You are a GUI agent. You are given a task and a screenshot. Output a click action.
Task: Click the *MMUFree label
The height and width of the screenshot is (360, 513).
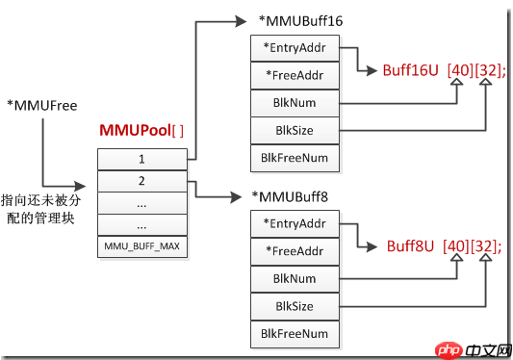[x=42, y=105]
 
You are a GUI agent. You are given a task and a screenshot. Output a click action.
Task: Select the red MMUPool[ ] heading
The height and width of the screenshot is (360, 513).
[x=141, y=130]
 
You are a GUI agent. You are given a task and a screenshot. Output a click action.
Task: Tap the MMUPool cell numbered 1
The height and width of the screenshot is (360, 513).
[x=142, y=160]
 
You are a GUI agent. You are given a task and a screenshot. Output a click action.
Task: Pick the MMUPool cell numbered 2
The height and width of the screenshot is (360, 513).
[x=142, y=181]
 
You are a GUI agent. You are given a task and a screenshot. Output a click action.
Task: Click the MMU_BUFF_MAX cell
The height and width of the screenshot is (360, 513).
[x=142, y=246]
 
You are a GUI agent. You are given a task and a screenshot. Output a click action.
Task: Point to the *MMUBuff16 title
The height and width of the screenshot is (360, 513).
[x=300, y=21]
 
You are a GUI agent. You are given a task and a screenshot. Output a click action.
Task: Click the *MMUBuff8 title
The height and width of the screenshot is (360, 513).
[x=290, y=197]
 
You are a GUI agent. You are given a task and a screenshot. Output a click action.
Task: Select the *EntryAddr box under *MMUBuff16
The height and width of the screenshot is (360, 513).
[x=295, y=48]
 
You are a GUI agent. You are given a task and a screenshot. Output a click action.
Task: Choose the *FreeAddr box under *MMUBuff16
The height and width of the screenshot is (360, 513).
[x=295, y=76]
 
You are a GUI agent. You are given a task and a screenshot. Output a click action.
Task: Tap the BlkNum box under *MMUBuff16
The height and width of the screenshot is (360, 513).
[x=295, y=103]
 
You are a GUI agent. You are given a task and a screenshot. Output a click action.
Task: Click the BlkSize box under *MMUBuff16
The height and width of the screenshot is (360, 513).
[x=295, y=131]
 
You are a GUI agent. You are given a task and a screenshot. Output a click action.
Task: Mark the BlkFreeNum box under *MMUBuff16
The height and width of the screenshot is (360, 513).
[x=295, y=159]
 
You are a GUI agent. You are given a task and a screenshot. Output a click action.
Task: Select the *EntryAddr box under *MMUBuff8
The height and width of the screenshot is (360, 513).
[x=295, y=224]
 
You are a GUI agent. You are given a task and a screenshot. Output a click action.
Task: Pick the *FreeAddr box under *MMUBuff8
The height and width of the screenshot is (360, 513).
[x=295, y=251]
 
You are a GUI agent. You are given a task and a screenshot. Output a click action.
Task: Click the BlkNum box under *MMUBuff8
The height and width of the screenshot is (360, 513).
[x=295, y=279]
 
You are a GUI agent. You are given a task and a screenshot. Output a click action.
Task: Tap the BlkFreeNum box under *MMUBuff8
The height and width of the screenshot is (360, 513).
[x=295, y=334]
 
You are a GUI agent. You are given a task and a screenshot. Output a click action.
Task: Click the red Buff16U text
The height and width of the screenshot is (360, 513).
[x=410, y=70]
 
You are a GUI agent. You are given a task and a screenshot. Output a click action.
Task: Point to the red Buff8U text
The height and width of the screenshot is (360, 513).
[x=410, y=246]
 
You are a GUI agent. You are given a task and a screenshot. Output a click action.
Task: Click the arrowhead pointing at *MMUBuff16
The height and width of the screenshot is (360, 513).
[x=241, y=21]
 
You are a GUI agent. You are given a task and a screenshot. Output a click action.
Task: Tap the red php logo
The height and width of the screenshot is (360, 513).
[x=449, y=350]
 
